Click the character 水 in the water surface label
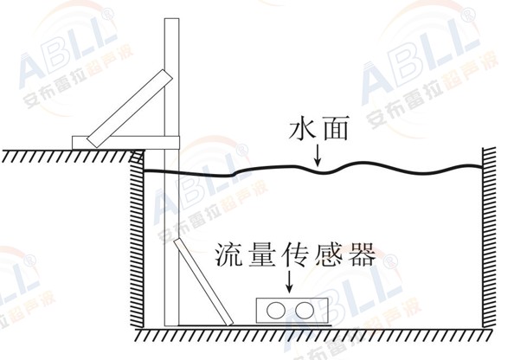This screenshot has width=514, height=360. [302, 129]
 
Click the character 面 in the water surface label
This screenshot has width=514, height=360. [336, 129]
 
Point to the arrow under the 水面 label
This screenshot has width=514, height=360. [317, 155]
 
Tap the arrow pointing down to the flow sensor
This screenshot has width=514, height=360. [289, 281]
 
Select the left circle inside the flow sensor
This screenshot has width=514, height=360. [276, 311]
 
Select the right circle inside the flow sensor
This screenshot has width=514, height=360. [305, 311]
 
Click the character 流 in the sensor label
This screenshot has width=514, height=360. [228, 254]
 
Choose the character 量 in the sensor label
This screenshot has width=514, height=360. [261, 254]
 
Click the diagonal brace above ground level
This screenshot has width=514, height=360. [130, 108]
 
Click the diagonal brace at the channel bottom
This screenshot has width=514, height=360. [203, 282]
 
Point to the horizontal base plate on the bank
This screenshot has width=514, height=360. [125, 143]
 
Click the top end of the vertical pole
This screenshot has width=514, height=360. [172, 19]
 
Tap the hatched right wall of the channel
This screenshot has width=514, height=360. [489, 237]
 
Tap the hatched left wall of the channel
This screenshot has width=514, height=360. [137, 240]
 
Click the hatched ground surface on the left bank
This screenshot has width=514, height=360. [73, 156]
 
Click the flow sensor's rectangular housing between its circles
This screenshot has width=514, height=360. [290, 311]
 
